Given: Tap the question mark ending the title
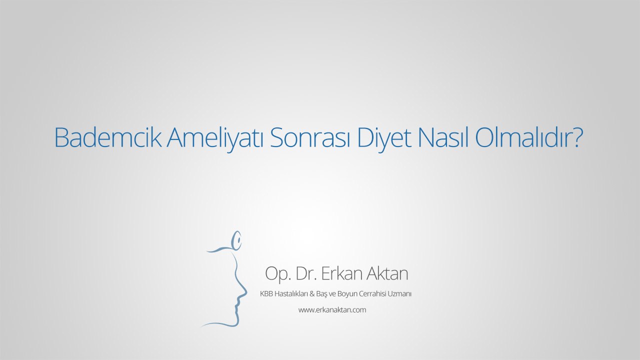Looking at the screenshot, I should click(x=577, y=137).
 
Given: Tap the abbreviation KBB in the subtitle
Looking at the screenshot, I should click(x=265, y=294).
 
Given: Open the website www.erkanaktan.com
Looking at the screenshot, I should click(x=332, y=310).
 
